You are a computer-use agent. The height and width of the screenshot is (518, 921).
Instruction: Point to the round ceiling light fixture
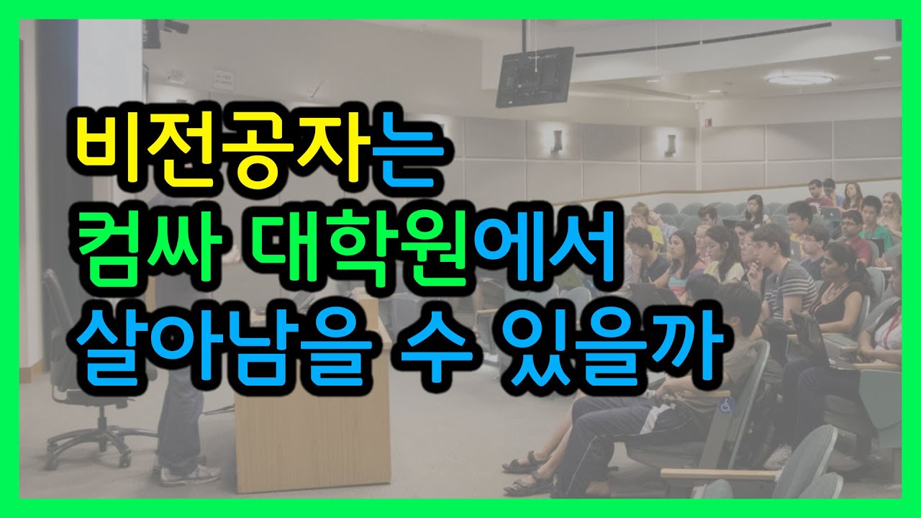800,78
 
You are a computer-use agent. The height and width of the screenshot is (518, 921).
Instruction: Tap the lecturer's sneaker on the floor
190,474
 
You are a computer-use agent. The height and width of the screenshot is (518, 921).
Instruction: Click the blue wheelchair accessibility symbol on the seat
725,404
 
